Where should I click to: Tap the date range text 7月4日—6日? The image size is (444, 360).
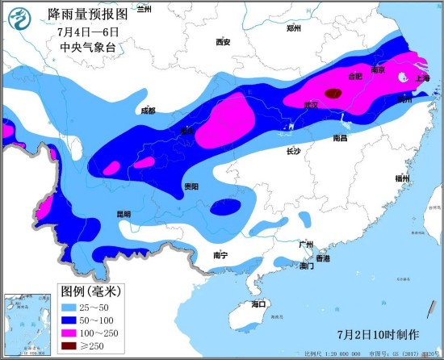point(88,31)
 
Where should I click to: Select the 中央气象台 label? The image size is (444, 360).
point(88,48)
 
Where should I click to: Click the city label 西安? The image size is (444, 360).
point(224,42)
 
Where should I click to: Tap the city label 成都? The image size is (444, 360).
point(147,111)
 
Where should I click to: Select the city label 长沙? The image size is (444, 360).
point(293,151)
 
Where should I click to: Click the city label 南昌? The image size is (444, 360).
point(340,139)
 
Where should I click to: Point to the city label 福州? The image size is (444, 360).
point(403,178)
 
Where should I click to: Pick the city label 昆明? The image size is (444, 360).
point(123,214)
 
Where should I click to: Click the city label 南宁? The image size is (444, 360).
point(220,255)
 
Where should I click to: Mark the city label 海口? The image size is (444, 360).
point(258,304)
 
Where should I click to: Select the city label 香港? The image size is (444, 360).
point(322,258)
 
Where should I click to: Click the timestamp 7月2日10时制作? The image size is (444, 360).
point(378,334)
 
